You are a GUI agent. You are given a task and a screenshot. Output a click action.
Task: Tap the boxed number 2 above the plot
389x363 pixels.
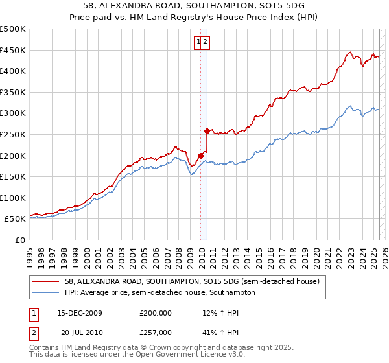click(x=205, y=42)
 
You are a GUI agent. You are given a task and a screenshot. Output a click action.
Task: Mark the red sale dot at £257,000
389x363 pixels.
click(x=207, y=131)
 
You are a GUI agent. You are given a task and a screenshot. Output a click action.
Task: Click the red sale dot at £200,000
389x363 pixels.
click(x=200, y=155)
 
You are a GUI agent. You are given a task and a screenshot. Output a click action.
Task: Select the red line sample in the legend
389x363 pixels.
click(x=46, y=282)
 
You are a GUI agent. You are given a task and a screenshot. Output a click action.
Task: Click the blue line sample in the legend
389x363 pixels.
click(x=46, y=292)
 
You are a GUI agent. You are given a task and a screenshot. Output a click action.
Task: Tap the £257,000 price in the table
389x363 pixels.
click(x=155, y=332)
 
